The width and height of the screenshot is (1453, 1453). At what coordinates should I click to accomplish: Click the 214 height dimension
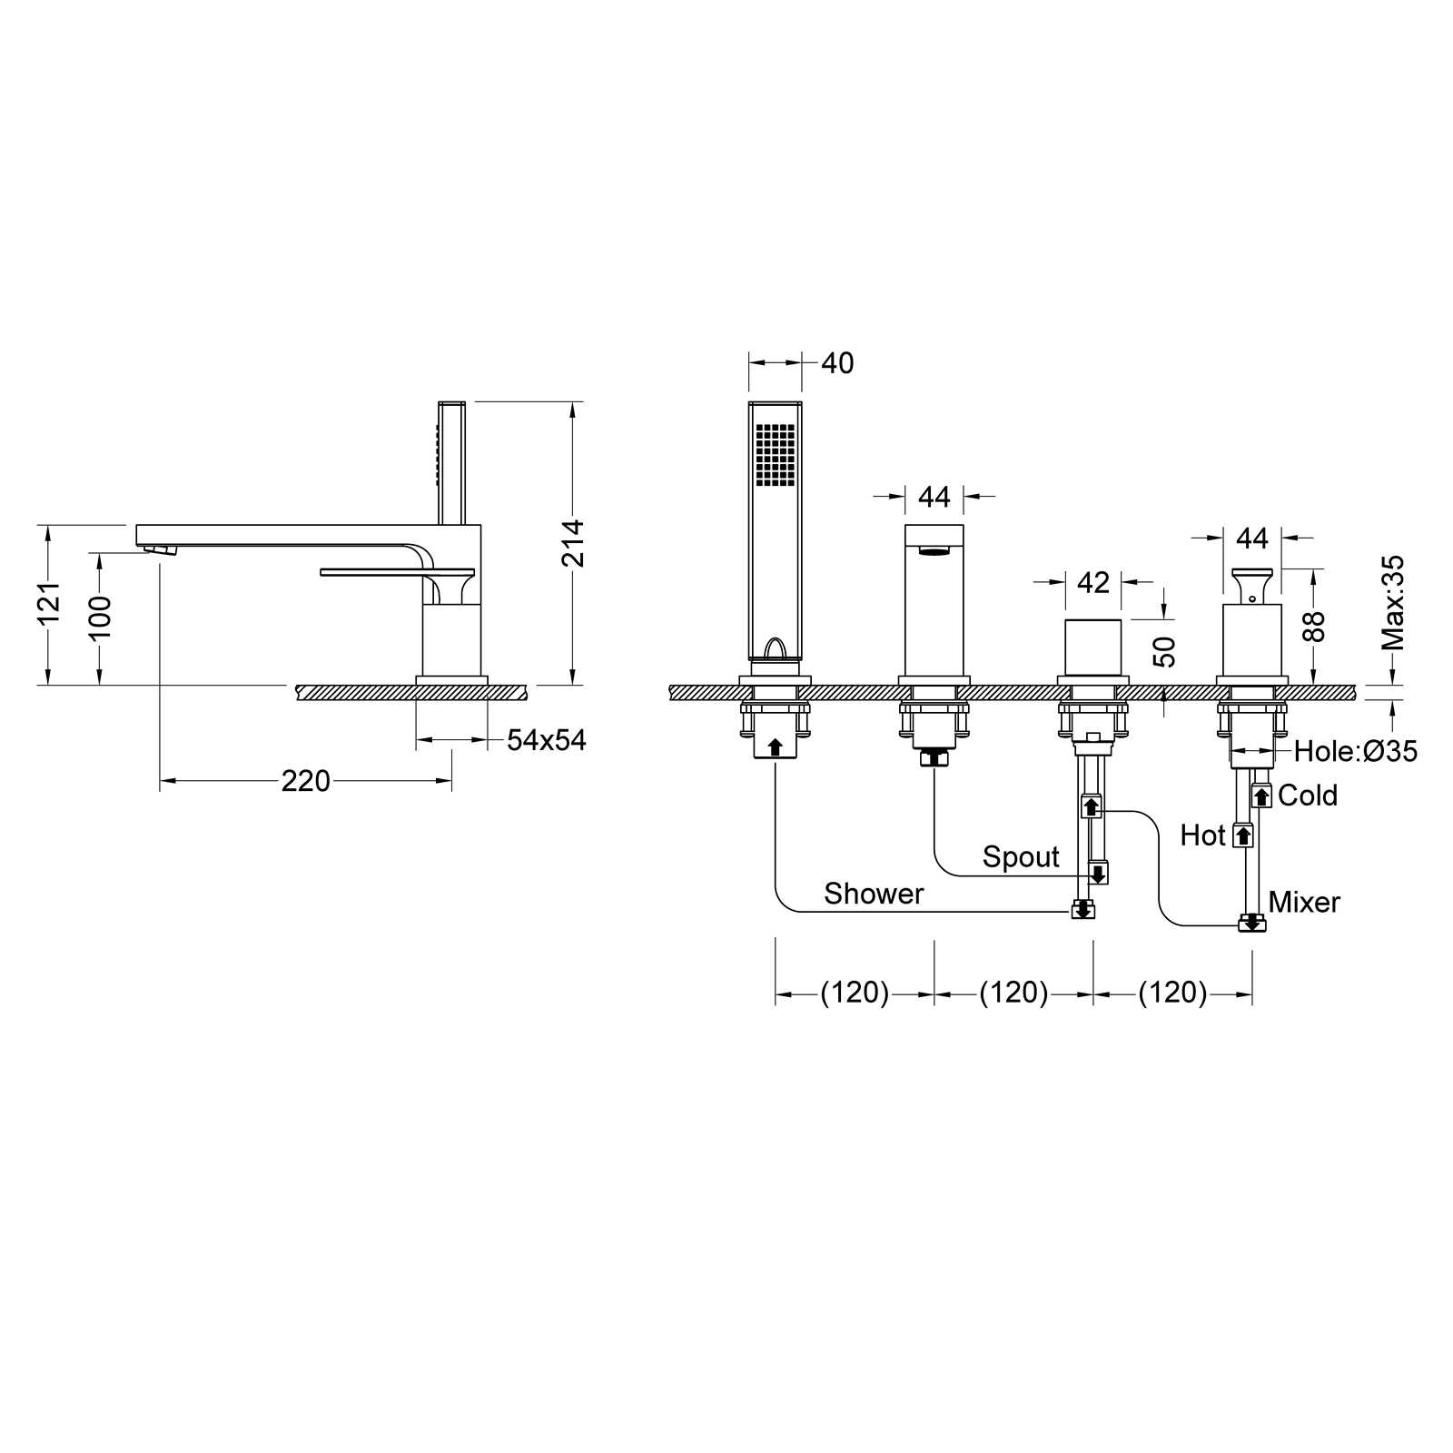click(x=573, y=543)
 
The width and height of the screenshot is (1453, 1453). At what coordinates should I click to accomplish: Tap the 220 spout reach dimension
click(x=306, y=781)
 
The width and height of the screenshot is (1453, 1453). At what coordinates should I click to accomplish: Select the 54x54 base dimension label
click(x=547, y=740)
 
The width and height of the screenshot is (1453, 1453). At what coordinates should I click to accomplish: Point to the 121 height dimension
click(x=48, y=603)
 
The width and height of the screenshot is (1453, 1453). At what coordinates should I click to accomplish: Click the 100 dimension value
click(x=100, y=618)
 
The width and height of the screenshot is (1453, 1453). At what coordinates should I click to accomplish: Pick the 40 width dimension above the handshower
click(x=837, y=363)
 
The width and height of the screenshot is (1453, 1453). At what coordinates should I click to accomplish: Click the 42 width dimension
click(x=1093, y=582)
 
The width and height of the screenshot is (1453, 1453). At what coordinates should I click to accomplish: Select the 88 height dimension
click(x=1314, y=628)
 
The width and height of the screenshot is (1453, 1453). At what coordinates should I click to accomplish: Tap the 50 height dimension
click(x=1164, y=652)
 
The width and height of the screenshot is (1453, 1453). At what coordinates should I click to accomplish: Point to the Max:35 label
click(x=1393, y=603)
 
